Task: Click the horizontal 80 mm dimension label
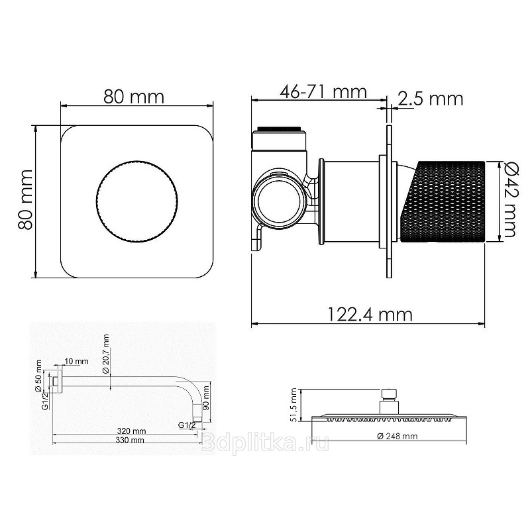134,97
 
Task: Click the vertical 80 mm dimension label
25,199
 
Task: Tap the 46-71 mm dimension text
323,91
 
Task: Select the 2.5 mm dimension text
430,99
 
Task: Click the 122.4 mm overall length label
370,315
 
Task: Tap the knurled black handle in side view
443,202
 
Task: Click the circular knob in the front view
137,202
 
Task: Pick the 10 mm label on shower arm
76,361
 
